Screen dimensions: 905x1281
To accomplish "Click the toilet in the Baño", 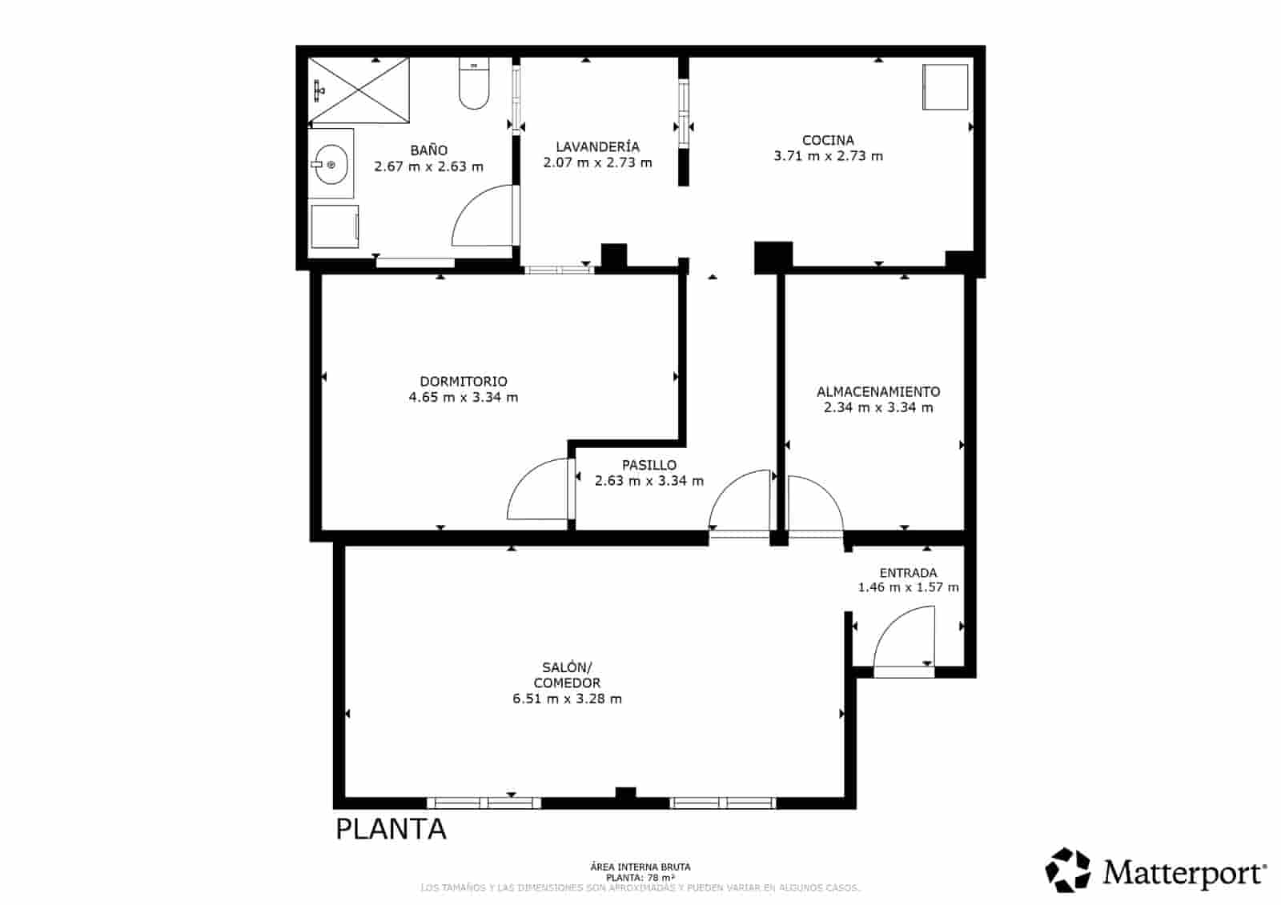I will coord(474,86).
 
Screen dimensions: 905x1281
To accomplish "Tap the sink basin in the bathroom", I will coord(329,164).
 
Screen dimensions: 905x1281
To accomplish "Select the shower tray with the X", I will coord(359,91).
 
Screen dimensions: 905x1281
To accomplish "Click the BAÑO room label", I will coord(428,150).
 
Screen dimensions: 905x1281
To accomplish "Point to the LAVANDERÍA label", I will coord(597,146).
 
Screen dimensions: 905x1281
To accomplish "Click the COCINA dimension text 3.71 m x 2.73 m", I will coord(828,156).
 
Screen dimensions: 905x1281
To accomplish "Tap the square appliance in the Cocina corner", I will coord(946,87).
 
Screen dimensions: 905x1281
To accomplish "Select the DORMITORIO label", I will coord(464,382).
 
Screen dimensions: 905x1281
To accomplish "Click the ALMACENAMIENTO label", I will coord(878,391).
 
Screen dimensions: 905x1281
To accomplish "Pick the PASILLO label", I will coord(649,465).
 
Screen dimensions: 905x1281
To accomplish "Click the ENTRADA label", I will coord(908,573).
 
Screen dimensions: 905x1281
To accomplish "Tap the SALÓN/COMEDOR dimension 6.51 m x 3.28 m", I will coord(567,699).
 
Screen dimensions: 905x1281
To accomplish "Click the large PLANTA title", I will coord(391,829).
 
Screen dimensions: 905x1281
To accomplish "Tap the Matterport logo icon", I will coord(1068,870).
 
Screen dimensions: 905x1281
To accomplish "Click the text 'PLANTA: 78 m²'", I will coord(640,877).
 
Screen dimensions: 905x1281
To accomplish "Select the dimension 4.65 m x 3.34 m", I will coord(464,398).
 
